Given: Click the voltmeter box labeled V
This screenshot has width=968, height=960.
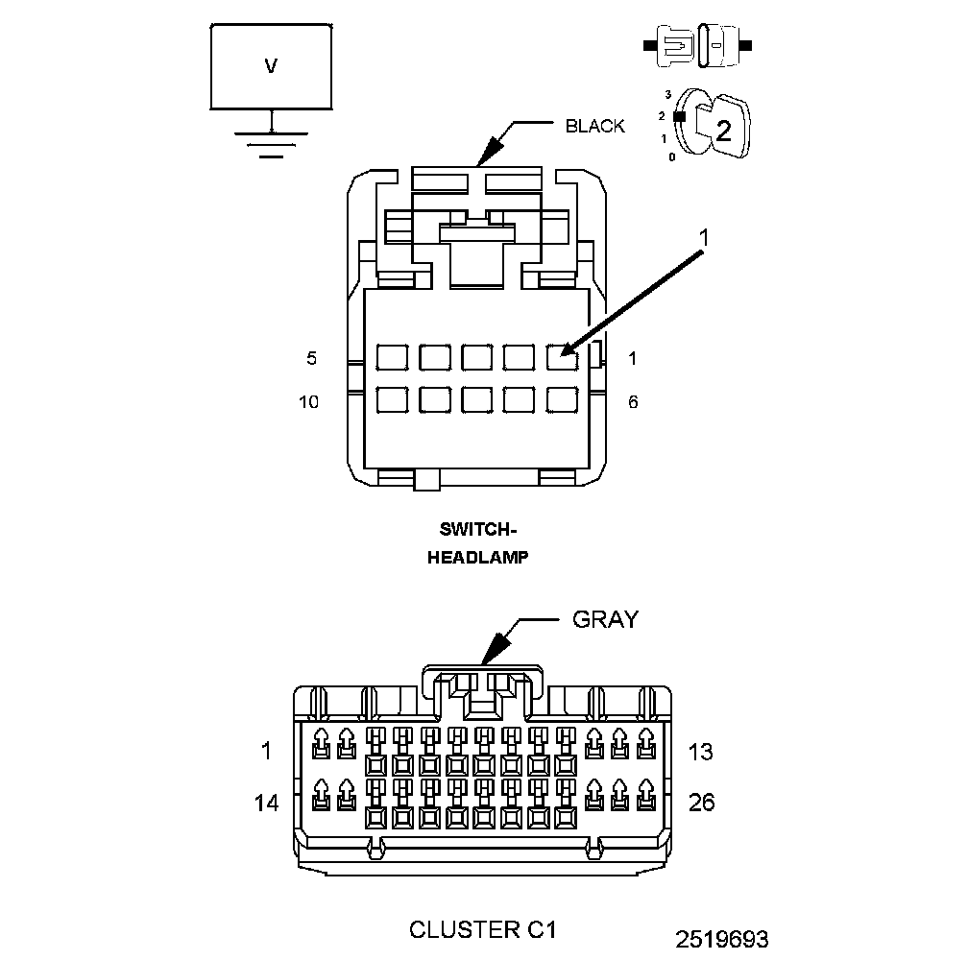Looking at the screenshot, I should pos(271,66).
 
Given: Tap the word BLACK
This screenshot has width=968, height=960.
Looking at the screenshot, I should pos(594,126).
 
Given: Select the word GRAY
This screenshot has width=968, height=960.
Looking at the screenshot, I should pos(604,619).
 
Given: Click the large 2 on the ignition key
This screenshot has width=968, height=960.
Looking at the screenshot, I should pos(723,132).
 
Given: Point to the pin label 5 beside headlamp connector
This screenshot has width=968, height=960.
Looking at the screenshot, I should pos(311,359).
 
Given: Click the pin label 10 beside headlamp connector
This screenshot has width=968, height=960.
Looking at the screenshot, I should pos(308,402).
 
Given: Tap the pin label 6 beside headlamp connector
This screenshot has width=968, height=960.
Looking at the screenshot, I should pos(632,402).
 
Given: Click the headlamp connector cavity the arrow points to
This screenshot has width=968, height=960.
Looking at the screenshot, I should pos(562,357).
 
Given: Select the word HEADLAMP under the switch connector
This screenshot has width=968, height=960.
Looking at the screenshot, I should pos(477,557).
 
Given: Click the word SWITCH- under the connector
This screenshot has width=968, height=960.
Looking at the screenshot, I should pos(477,529).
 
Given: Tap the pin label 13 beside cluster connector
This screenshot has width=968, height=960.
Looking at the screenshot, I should pos(701,752).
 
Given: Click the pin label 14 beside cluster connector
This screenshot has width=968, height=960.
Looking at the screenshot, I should pos(266,803).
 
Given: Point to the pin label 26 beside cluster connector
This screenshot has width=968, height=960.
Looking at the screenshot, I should pos(702,802).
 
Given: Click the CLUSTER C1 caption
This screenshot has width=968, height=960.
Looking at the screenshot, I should pos(483,929).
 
